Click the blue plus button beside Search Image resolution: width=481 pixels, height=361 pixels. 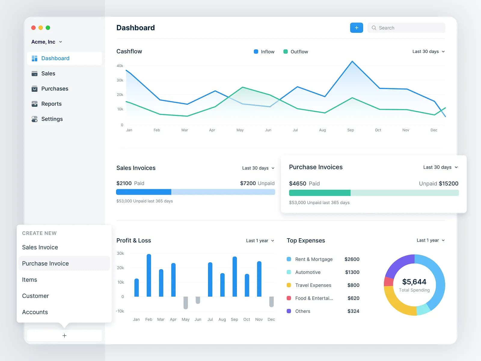pos(356,28)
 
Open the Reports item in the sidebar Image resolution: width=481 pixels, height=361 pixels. pos(51,104)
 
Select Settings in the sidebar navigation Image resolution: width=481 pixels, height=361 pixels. pos(52,119)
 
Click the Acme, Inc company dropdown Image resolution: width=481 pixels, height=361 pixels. pos(47,42)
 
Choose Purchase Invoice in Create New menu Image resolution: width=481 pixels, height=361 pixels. pos(45,264)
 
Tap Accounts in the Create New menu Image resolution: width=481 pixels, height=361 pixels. pos(35,312)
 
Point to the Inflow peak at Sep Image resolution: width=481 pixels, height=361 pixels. pos(352,62)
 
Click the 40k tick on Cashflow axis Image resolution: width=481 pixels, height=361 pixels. pos(120,66)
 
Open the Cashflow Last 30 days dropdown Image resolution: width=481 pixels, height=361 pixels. pos(428,51)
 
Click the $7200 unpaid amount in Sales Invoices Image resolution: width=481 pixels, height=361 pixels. pos(248,183)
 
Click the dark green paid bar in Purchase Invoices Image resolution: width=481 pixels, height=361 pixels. pos(319,193)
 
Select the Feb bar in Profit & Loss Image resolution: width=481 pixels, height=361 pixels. pos(149,275)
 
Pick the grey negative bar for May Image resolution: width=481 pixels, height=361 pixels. pos(185,303)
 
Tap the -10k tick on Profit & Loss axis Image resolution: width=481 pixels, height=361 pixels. pos(120,311)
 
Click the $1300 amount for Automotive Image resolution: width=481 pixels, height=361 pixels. pos(352,272)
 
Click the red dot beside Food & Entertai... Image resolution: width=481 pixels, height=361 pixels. pos(289,298)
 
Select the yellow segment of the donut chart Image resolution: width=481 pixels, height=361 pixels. pos(397,304)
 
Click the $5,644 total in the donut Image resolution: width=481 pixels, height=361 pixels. pos(414,282)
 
